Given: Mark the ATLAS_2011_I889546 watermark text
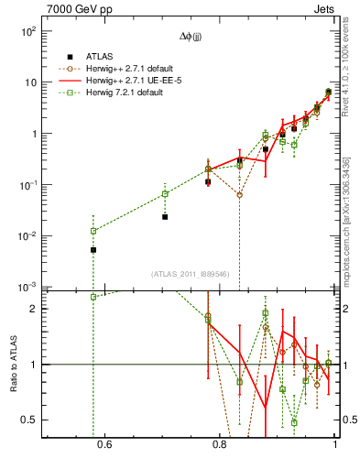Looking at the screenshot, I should [x=191, y=273].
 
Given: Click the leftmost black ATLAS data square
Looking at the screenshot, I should [x=93, y=250].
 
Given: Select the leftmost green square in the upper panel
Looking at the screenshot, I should [x=93, y=231].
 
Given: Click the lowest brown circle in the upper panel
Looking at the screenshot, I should [x=239, y=195].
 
